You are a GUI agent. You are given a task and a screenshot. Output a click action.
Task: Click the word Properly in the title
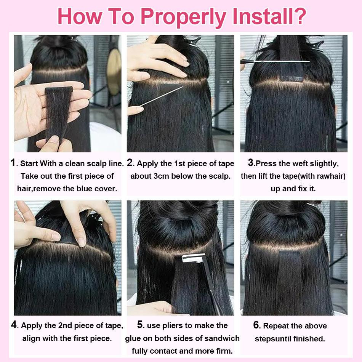(x=183, y=17)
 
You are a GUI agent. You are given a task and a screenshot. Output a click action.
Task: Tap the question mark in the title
(x=299, y=16)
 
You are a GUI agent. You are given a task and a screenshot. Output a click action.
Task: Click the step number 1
(x=13, y=163)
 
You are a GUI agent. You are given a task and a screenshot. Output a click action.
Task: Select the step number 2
(x=130, y=163)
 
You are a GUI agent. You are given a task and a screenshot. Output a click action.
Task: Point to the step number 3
(x=251, y=163)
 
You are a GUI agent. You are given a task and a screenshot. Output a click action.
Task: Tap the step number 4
(x=14, y=325)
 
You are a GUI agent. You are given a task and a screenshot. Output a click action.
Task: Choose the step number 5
(x=140, y=325)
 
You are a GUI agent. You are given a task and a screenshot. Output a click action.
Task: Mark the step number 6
(x=256, y=325)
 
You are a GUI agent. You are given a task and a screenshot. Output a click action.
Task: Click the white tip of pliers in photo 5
(x=193, y=258)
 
